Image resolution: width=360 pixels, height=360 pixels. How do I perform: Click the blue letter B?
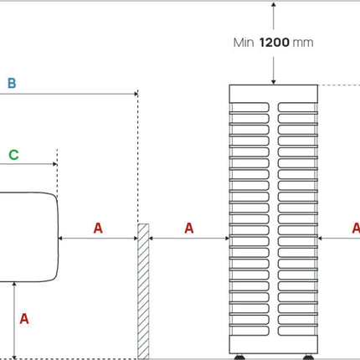[x=12, y=83]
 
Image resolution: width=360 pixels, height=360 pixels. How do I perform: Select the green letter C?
[x=13, y=155]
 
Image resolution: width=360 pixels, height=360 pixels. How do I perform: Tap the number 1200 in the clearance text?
[x=275, y=43]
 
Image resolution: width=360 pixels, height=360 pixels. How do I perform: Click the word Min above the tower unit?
[x=244, y=43]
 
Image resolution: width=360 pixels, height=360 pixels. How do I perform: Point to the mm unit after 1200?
[x=303, y=44]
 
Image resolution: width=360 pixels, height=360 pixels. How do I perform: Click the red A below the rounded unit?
[x=24, y=319]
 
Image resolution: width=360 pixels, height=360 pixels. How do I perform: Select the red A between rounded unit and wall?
[x=98, y=228]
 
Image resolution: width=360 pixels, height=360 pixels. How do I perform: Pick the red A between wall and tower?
[x=189, y=228]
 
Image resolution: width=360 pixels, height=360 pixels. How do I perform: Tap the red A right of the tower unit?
[x=356, y=228]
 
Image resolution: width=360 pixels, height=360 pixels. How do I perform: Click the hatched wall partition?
[x=143, y=291]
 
